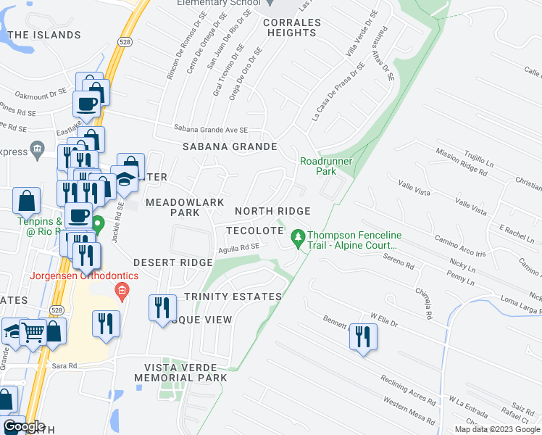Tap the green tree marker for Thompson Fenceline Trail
tap(297, 238)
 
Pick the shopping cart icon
tap(33, 332)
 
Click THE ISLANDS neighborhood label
tap(45, 35)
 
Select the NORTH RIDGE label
tap(272, 211)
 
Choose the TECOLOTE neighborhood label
tap(254, 230)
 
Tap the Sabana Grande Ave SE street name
tap(211, 130)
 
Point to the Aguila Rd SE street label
tap(238, 247)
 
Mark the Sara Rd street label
tap(64, 366)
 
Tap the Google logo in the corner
tap(24, 426)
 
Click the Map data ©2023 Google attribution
tap(497, 429)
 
